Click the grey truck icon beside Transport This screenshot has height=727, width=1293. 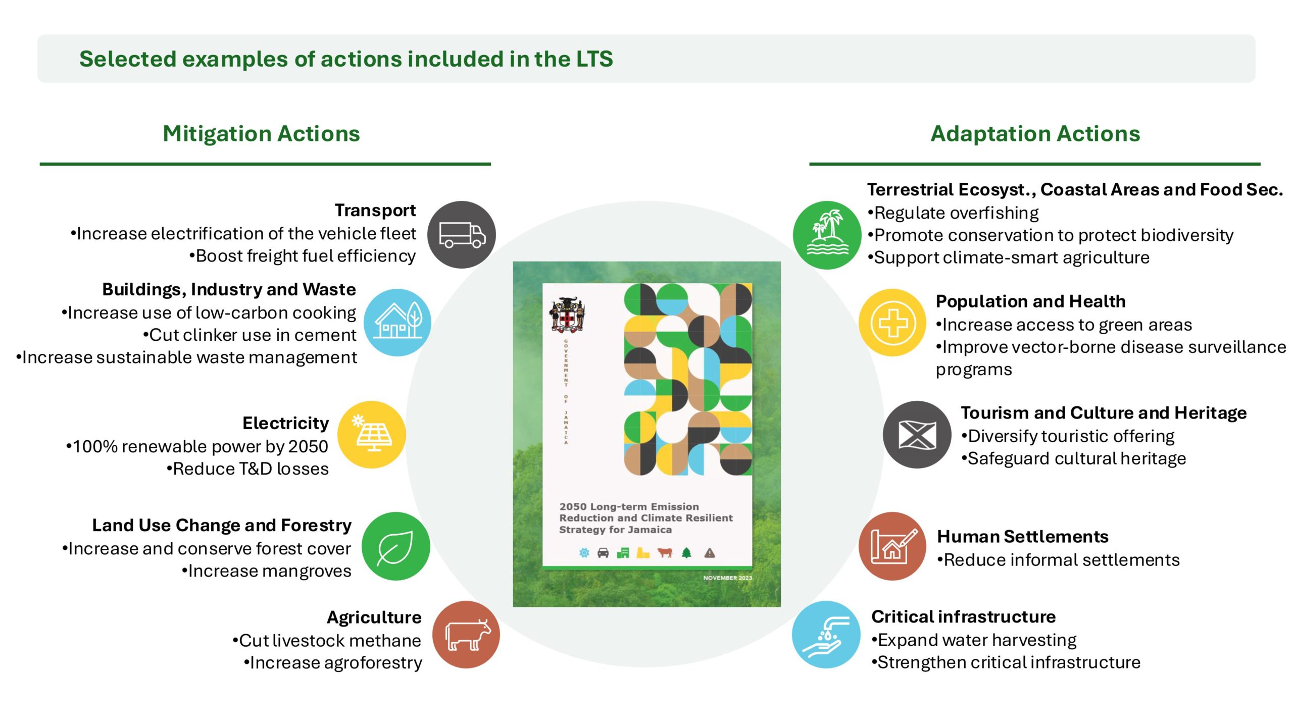(x=461, y=235)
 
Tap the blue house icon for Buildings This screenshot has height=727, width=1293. (x=397, y=323)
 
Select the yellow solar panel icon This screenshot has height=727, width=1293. (x=372, y=435)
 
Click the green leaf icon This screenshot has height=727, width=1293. (x=395, y=546)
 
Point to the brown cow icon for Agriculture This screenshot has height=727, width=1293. (x=466, y=635)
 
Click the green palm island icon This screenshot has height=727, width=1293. (x=827, y=235)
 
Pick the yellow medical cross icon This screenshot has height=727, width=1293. (x=892, y=323)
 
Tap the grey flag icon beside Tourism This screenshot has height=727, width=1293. (x=917, y=435)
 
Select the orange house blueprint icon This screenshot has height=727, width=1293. (x=892, y=546)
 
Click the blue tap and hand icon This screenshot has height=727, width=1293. (x=826, y=635)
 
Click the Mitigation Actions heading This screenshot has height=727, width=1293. (x=261, y=134)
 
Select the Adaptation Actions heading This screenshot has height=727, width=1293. (x=1035, y=134)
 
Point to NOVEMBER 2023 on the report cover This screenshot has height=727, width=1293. (x=727, y=578)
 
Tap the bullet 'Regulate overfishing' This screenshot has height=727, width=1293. (x=953, y=213)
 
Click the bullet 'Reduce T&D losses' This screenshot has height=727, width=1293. (x=247, y=469)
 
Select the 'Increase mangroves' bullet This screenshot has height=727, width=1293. (x=266, y=571)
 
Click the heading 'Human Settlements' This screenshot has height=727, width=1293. (x=1023, y=536)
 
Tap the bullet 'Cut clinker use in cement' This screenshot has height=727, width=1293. (x=250, y=335)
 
